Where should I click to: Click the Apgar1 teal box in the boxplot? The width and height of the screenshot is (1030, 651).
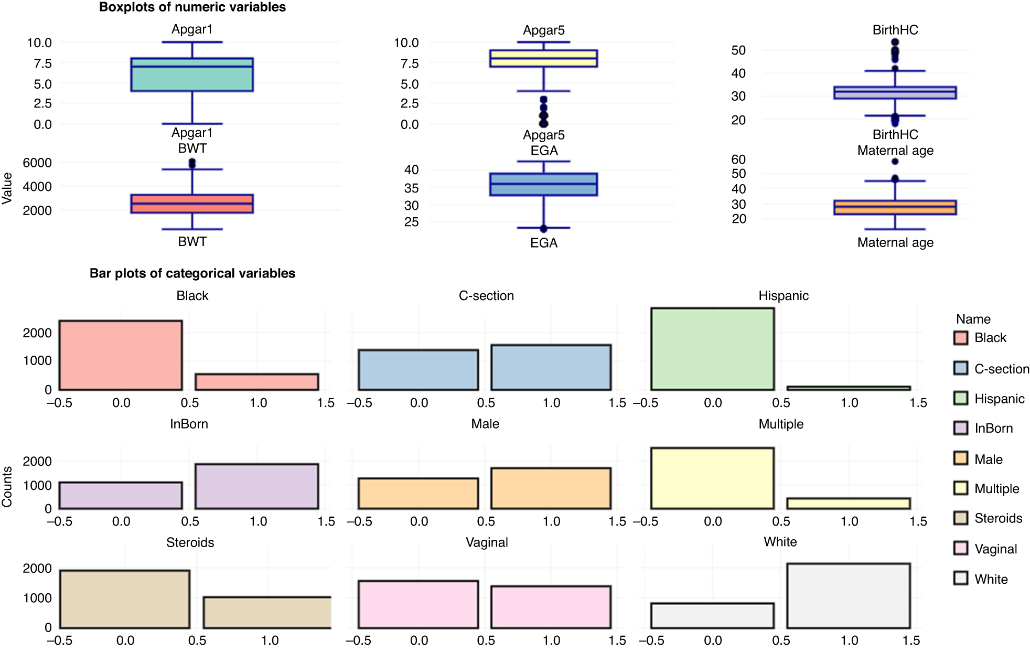tap(192, 74)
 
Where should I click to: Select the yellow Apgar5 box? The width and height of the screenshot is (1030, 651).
tap(543, 58)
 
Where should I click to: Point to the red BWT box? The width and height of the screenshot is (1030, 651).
tap(192, 204)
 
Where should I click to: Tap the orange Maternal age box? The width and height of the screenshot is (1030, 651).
tap(895, 207)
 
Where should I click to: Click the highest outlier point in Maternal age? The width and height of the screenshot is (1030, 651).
tap(895, 162)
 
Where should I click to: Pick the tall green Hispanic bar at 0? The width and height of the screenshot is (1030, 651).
tap(712, 349)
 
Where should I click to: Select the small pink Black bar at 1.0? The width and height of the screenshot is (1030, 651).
tap(257, 382)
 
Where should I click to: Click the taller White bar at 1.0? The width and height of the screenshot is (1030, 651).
tap(849, 595)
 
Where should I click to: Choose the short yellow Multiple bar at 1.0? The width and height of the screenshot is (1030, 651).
tap(849, 504)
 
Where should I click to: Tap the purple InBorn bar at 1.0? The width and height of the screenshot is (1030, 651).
tap(257, 486)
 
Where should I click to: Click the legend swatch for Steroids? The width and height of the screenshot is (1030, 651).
tap(961, 518)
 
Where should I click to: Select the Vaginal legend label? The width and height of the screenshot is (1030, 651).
tap(995, 549)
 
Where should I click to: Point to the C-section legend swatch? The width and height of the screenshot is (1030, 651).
tap(961, 368)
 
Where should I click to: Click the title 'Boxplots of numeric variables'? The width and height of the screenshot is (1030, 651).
tap(192, 7)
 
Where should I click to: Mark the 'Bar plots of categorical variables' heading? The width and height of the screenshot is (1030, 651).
tap(192, 273)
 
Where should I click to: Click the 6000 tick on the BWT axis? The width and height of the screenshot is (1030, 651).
tap(37, 163)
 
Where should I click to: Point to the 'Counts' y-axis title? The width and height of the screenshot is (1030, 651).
tap(7, 487)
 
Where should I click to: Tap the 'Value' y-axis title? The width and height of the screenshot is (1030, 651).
tap(7, 188)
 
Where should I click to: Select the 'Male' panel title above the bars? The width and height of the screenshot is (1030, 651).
tap(485, 424)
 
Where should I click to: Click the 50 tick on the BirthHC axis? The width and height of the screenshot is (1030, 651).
tap(738, 50)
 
